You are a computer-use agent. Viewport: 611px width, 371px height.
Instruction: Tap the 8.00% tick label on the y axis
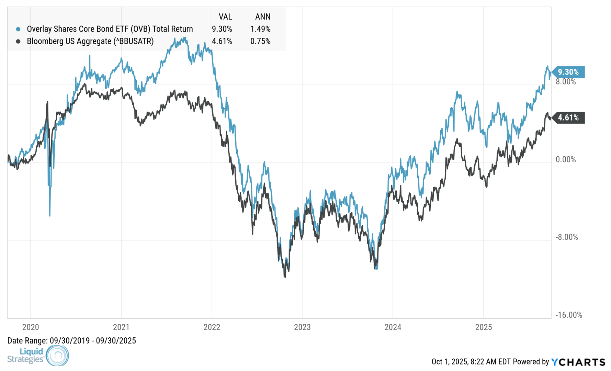[x=566, y=82]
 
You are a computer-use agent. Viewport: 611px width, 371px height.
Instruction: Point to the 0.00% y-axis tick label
[x=566, y=159]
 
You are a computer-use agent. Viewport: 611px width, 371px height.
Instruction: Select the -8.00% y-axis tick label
[x=567, y=237]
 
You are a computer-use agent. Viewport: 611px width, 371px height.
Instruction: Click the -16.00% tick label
[x=569, y=315]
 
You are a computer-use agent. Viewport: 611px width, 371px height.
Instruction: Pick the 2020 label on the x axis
[x=31, y=327]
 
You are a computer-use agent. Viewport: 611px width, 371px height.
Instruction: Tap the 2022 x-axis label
[x=212, y=327]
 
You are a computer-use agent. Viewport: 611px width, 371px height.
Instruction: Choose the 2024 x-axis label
[x=393, y=327]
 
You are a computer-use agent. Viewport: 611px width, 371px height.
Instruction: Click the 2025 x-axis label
[x=483, y=327]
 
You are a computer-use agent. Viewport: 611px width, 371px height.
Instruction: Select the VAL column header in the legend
[x=225, y=17]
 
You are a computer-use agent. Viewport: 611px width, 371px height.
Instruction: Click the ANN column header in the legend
[x=263, y=17]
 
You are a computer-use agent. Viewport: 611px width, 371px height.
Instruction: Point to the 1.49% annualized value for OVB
[x=260, y=29]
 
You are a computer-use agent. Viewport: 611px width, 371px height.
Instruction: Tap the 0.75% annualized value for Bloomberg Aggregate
[x=260, y=42]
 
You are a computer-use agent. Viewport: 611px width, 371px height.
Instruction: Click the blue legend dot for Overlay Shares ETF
[x=18, y=29]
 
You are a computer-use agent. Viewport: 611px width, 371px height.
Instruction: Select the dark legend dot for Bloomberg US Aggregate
[x=18, y=42]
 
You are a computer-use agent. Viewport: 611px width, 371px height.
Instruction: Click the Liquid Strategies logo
[x=38, y=356]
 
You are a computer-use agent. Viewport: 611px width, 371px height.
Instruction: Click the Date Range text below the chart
[x=71, y=341]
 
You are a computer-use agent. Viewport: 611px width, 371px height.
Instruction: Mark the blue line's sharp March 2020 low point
[x=50, y=216]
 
